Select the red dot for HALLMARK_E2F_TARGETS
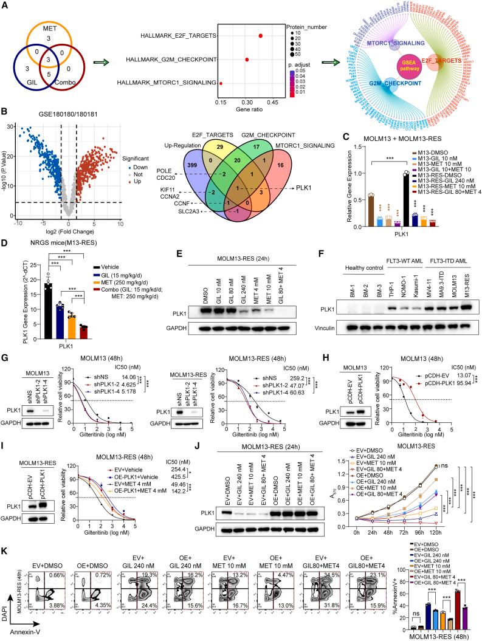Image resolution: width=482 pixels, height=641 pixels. [261, 36]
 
